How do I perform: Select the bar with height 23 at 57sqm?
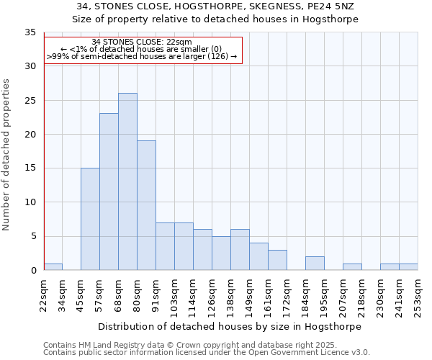(x=109, y=192)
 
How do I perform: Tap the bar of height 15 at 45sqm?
(x=90, y=219)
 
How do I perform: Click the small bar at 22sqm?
(x=53, y=266)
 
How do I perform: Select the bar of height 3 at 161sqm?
(x=277, y=260)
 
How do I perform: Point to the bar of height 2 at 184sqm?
(x=315, y=264)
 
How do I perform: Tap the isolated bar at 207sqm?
(x=352, y=266)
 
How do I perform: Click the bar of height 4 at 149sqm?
(x=258, y=256)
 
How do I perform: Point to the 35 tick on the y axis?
(x=30, y=32)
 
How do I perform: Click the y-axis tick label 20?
(x=30, y=135)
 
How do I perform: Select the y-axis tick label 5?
(x=33, y=237)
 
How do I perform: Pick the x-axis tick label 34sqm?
(x=63, y=295)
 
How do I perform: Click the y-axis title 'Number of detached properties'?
(x=7, y=155)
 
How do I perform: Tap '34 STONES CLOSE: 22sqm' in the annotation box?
(x=142, y=42)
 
